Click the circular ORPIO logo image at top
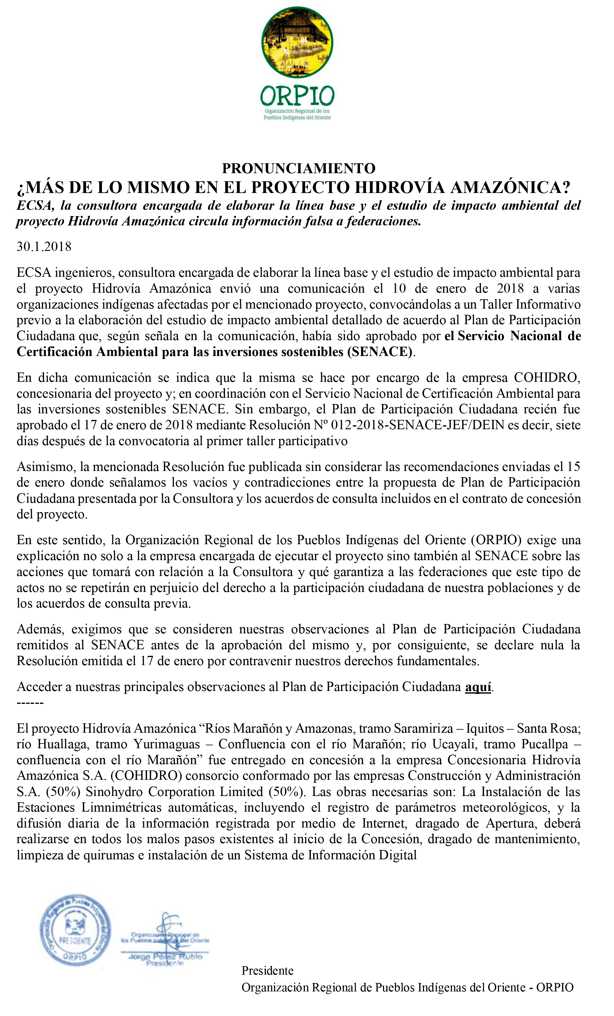pos(297,42)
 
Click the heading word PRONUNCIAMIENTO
pos(299,168)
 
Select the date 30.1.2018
pos(44,247)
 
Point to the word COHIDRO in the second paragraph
pos(547,378)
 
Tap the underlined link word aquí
pos(478,687)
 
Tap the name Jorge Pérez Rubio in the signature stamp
pos(165,956)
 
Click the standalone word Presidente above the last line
pos(267,971)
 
